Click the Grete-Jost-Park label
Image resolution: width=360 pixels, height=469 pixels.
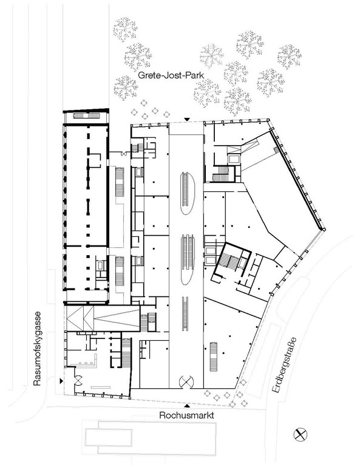pyautogui.click(x=171, y=75)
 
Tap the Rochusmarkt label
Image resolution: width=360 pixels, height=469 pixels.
pyautogui.click(x=186, y=416)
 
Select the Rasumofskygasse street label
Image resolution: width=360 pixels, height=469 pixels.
pyautogui.click(x=37, y=349)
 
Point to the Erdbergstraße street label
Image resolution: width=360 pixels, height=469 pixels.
pyautogui.click(x=285, y=365)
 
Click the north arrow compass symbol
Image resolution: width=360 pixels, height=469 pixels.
pyautogui.click(x=300, y=434)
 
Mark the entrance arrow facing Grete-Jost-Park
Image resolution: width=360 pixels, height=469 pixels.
pyautogui.click(x=187, y=120)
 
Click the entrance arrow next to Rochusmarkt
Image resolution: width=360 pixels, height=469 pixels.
pyautogui.click(x=188, y=406)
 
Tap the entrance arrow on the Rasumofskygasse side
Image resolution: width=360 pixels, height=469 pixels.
pyautogui.click(x=61, y=381)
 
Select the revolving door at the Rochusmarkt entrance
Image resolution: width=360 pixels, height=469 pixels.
pyautogui.click(x=186, y=382)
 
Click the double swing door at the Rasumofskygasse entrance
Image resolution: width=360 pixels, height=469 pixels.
pyautogui.click(x=80, y=380)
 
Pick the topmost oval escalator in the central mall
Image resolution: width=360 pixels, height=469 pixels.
pyautogui.click(x=187, y=193)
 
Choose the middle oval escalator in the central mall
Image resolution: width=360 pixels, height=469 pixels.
pyautogui.click(x=188, y=259)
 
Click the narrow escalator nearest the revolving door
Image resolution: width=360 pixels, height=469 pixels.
pyautogui.click(x=185, y=313)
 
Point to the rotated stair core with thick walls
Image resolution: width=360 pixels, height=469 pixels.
pyautogui.click(x=231, y=260)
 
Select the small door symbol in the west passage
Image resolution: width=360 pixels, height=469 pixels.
pyautogui.click(x=123, y=154)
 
